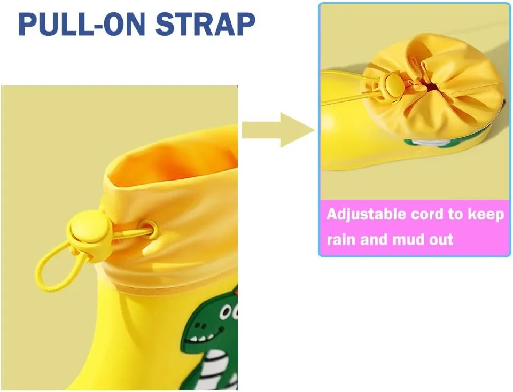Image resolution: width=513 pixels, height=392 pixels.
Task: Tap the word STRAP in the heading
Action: [x=205, y=24]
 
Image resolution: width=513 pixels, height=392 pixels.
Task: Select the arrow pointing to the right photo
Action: [x=278, y=130]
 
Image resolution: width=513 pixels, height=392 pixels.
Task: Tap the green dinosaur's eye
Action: [x=225, y=312]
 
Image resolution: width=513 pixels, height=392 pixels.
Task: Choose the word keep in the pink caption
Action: [x=486, y=215]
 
